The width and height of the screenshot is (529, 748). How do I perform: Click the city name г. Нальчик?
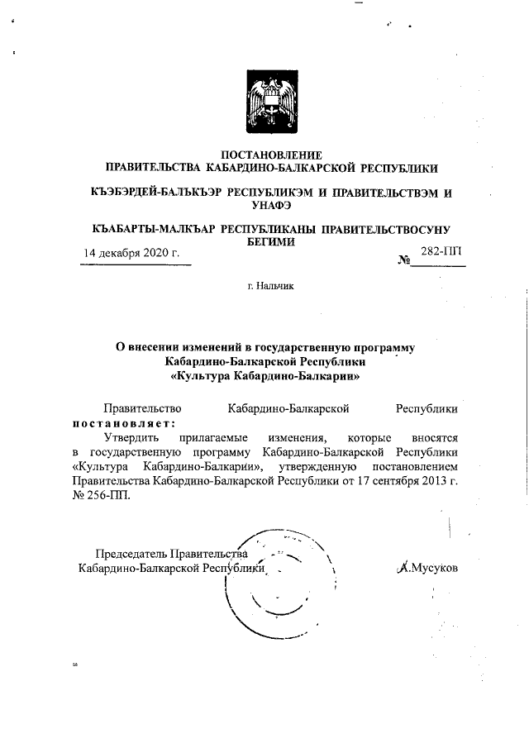tap(264, 287)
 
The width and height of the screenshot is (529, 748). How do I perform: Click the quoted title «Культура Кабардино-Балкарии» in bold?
tap(264, 375)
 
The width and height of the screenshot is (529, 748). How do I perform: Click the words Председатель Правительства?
tap(172, 553)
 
